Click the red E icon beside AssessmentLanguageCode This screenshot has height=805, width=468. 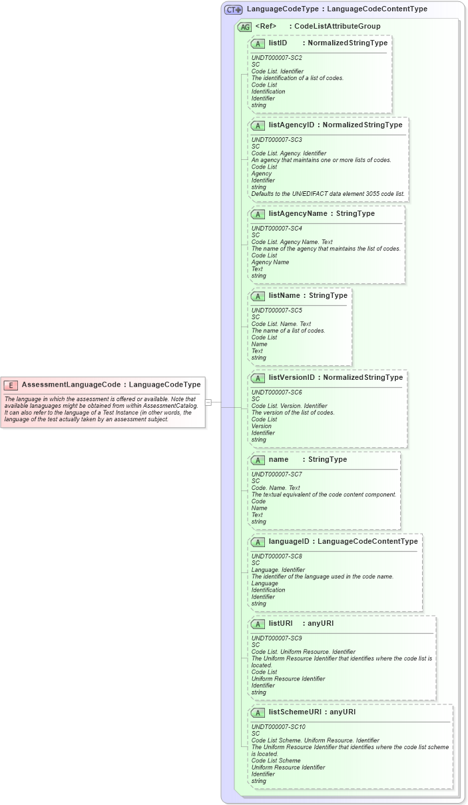11,385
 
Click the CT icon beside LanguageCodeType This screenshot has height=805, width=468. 233,9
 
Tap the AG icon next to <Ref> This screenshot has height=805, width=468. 244,27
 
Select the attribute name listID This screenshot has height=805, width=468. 278,43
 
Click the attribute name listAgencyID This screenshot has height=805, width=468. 291,125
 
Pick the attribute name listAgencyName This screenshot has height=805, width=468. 298,213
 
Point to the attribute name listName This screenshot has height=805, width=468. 284,295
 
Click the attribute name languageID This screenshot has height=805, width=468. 288,541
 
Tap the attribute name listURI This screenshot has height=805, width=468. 280,623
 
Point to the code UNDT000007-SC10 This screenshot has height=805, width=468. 278,727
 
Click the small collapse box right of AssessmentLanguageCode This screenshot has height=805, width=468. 208,402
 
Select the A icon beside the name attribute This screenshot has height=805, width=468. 258,460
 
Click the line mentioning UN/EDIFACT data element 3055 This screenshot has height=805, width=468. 328,194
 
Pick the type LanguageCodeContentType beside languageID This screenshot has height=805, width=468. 367,541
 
